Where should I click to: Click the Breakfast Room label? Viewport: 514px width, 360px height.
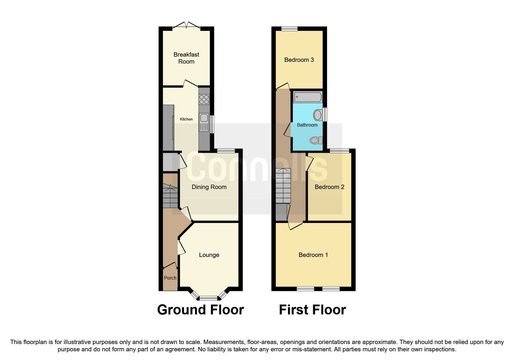[186, 58]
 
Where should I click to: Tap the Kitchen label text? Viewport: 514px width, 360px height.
[186, 119]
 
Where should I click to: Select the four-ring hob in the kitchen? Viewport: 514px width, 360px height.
[204, 100]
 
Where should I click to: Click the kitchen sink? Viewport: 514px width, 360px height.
[204, 118]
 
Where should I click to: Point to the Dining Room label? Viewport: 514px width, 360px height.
[209, 187]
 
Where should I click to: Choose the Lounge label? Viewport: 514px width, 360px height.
[209, 255]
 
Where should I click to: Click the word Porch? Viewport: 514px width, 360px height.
[170, 278]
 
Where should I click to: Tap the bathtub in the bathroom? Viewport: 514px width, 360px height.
[308, 97]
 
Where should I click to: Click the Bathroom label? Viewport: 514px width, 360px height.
[307, 125]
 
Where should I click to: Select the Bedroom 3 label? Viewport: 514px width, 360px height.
[299, 60]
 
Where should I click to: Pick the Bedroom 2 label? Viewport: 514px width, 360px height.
[329, 187]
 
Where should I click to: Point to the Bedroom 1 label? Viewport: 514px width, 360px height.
[313, 255]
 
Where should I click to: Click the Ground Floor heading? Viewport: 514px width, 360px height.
[200, 310]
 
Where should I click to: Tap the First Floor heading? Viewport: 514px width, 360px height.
[312, 310]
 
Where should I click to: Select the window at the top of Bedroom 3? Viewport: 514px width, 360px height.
[289, 28]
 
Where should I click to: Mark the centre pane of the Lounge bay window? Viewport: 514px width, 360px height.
[208, 298]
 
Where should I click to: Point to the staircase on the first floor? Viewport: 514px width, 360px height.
[283, 186]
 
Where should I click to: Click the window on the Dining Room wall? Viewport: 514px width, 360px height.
[226, 150]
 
